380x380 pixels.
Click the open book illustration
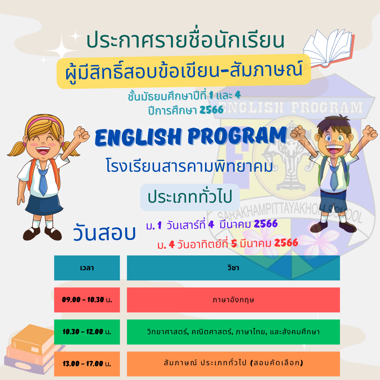[x=328, y=49]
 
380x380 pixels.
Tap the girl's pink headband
[x=44, y=120]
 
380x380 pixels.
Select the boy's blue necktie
[x=334, y=177]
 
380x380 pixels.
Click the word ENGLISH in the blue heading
[x=138, y=138]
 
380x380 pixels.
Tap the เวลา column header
[x=87, y=268]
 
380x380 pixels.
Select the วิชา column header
[x=233, y=268]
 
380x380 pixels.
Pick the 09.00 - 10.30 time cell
[x=87, y=300]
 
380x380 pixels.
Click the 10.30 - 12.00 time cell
[x=87, y=332]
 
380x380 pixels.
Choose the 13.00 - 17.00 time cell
[x=87, y=363]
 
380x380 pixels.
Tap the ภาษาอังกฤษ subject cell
[x=233, y=300]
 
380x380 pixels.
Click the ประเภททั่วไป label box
[x=190, y=197]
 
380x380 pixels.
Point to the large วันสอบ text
[x=104, y=232]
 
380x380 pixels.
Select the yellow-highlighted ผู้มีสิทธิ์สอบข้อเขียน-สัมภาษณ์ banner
[x=184, y=71]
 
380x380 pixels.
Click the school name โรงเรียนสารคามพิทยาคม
[x=190, y=166]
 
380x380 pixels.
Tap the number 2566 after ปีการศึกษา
[x=211, y=110]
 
